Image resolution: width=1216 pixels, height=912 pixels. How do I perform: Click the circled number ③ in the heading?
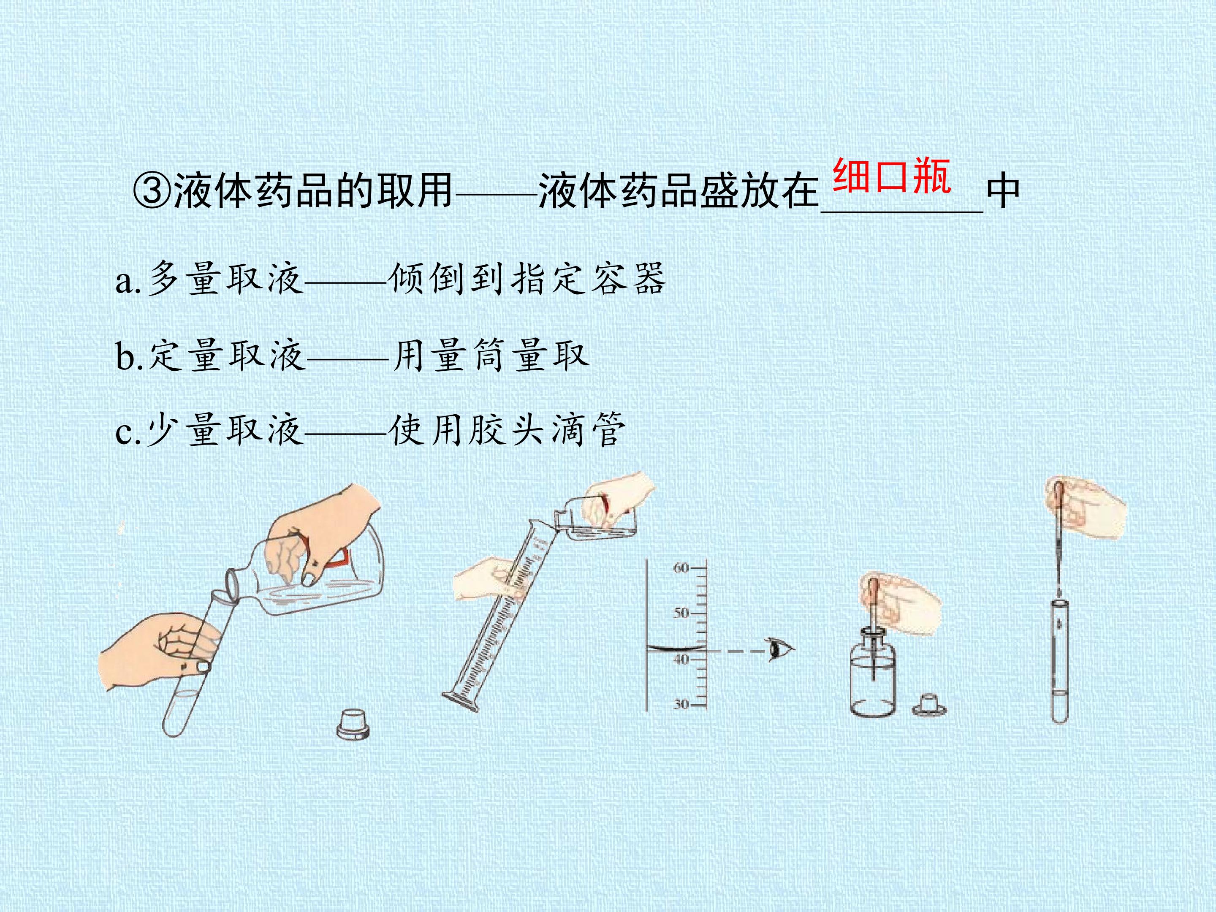152,192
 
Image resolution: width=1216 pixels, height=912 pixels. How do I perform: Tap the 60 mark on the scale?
681,568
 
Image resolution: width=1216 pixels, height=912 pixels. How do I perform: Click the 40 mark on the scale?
681,659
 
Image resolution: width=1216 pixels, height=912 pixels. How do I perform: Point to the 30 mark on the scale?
681,704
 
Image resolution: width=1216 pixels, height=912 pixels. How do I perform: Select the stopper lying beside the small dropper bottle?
928,705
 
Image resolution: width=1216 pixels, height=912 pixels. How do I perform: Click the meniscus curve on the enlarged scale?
675,648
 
